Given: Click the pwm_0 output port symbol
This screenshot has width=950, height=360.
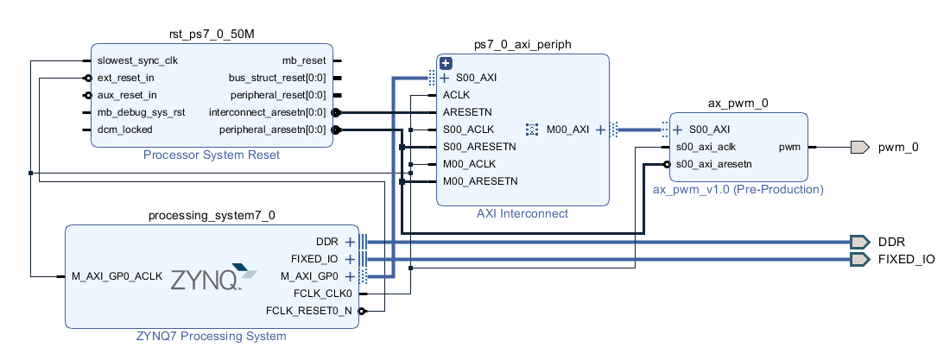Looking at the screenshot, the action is [859, 147].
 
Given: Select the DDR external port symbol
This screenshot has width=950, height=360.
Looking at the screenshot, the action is [859, 242].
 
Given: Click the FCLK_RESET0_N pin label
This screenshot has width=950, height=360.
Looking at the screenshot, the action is [309, 311].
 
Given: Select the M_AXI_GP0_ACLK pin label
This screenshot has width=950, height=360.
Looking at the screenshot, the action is [117, 276].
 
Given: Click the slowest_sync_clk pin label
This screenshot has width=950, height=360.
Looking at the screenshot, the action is [137, 60].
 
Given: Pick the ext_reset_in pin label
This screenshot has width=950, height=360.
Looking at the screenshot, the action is [125, 78].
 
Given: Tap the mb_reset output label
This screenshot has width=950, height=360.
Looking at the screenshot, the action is [304, 60].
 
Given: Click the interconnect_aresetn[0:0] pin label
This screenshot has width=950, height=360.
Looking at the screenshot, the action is [267, 113].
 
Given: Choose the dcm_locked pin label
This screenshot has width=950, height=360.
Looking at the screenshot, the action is [125, 129].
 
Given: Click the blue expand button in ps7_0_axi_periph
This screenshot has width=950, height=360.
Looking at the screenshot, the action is [446, 63].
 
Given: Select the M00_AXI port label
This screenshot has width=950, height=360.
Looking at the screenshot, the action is [567, 129].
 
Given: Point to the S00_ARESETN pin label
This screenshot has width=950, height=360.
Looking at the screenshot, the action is [480, 147].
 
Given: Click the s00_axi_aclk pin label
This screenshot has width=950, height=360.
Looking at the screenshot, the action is [706, 147].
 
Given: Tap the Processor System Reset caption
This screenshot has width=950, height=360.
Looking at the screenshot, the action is [212, 155].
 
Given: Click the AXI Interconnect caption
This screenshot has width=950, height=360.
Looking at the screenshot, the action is [522, 213].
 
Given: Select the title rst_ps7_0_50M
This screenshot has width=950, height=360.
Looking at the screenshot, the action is [212, 35].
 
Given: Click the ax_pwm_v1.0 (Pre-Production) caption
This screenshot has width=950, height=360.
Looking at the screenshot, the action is [738, 190].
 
